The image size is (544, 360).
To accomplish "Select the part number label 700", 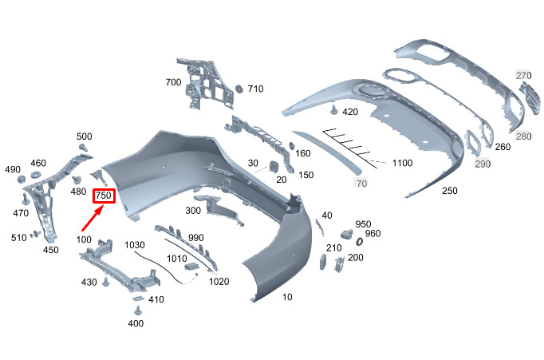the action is click(x=173, y=82).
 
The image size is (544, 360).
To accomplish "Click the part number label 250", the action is click(x=450, y=192).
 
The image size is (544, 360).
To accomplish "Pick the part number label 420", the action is click(x=350, y=112).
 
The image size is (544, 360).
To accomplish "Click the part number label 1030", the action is click(x=135, y=244).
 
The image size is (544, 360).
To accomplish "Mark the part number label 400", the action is click(x=136, y=323).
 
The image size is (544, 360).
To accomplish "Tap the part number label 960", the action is click(x=373, y=234).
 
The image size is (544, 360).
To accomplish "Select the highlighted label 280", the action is click(x=523, y=136).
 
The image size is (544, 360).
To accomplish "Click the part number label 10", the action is click(x=287, y=298).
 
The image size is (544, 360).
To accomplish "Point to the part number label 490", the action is click(x=13, y=170).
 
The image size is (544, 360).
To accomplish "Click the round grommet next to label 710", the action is click(x=237, y=89).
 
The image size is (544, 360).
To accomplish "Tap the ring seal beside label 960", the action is click(x=358, y=241).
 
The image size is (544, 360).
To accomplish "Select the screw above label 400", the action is click(x=137, y=308).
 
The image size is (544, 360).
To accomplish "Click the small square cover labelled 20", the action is click(x=271, y=167).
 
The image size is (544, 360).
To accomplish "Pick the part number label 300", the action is click(x=193, y=211).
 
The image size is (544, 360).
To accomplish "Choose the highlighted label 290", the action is click(x=483, y=164).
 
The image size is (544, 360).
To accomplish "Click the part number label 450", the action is click(x=51, y=250).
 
